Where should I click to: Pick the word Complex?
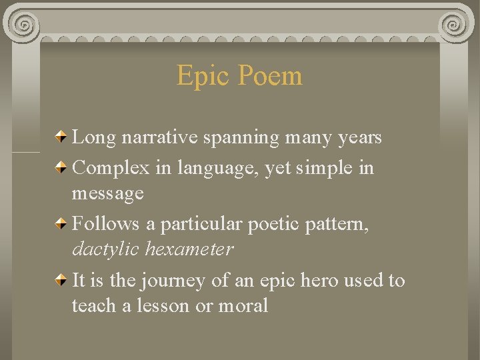coord(111,168)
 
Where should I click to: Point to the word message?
coord(107,194)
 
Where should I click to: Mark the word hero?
coord(319,280)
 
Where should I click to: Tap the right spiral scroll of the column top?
coord(455,25)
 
